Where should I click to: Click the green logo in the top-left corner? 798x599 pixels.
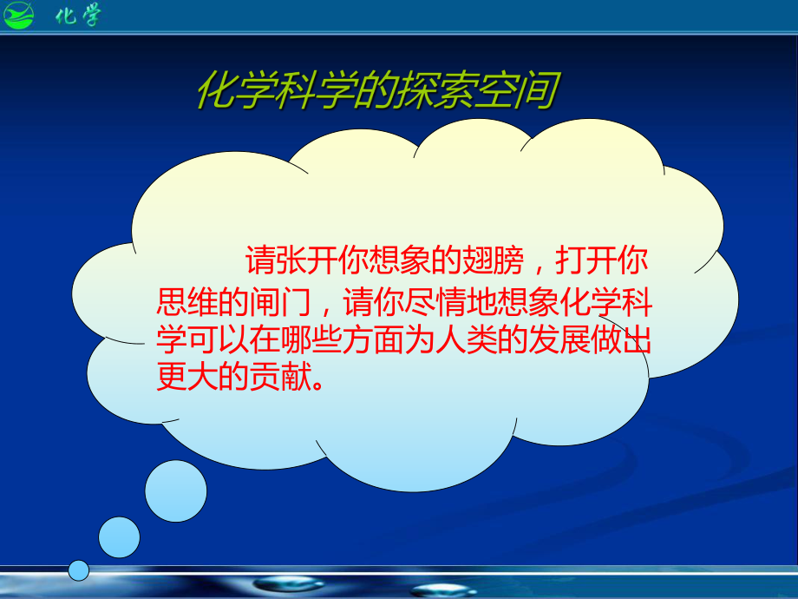coord(18,15)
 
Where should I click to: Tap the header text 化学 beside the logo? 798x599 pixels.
coord(78,15)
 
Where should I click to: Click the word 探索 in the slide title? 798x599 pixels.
coord(435,90)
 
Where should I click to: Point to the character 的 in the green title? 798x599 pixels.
coord(374,90)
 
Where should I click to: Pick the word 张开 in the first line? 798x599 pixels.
coord(307,260)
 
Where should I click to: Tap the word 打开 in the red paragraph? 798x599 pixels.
coord(585,260)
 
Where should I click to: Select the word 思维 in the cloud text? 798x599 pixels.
coord(186,301)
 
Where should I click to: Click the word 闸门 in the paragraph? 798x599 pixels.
coord(280,301)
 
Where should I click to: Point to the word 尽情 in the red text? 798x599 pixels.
coord(435,301)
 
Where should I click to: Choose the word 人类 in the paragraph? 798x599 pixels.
coord(467,339)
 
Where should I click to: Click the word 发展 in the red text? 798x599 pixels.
coord(559,339)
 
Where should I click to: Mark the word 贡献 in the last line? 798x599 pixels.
coord(280,377)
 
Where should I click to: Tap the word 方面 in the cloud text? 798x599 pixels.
coord(373,339)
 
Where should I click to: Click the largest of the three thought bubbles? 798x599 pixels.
coord(176,491)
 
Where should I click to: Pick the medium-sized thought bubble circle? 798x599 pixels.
coord(119,537)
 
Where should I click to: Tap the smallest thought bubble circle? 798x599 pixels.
coord(79,570)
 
